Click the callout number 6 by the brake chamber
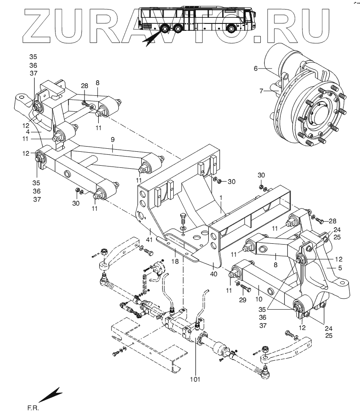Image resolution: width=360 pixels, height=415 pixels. pos(256,68)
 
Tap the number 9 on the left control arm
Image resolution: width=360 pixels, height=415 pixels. pos(112,140)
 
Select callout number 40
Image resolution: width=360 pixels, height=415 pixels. pos(214,274)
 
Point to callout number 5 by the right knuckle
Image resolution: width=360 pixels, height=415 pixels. pos(340,268)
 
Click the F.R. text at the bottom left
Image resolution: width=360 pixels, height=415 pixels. pos(33,408)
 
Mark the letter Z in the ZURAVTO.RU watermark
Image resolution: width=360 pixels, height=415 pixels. pos(43,25)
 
